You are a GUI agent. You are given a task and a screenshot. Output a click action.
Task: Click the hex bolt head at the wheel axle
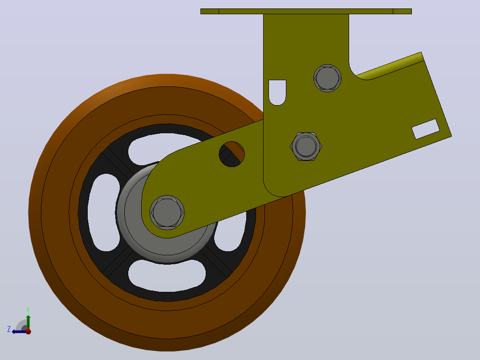point(167,213)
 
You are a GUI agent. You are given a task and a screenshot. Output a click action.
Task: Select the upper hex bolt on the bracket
point(327,78)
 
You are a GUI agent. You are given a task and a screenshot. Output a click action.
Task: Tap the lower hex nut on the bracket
point(306,147)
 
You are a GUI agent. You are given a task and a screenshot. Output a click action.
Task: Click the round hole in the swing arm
point(232,154)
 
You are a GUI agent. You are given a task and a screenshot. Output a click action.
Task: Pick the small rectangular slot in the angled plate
point(426,129)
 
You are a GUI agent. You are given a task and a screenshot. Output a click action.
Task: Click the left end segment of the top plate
point(210,11)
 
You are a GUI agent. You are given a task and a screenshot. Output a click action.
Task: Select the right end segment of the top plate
point(402,11)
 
